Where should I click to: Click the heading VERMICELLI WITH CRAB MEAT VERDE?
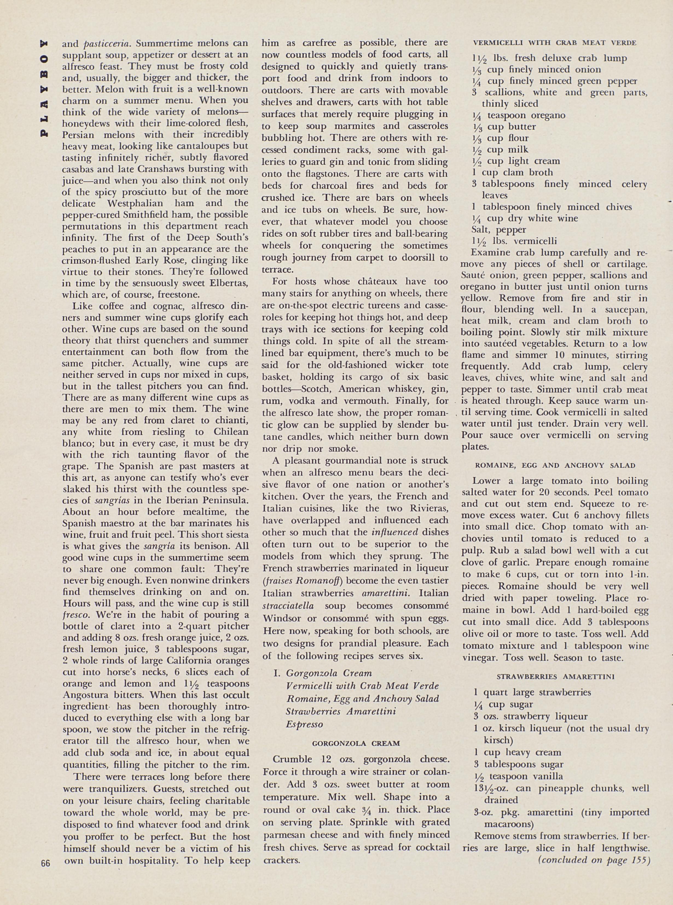555,43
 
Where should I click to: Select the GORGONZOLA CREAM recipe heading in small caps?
356,743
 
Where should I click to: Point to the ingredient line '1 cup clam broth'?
512,172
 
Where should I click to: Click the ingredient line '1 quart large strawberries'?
532,692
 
